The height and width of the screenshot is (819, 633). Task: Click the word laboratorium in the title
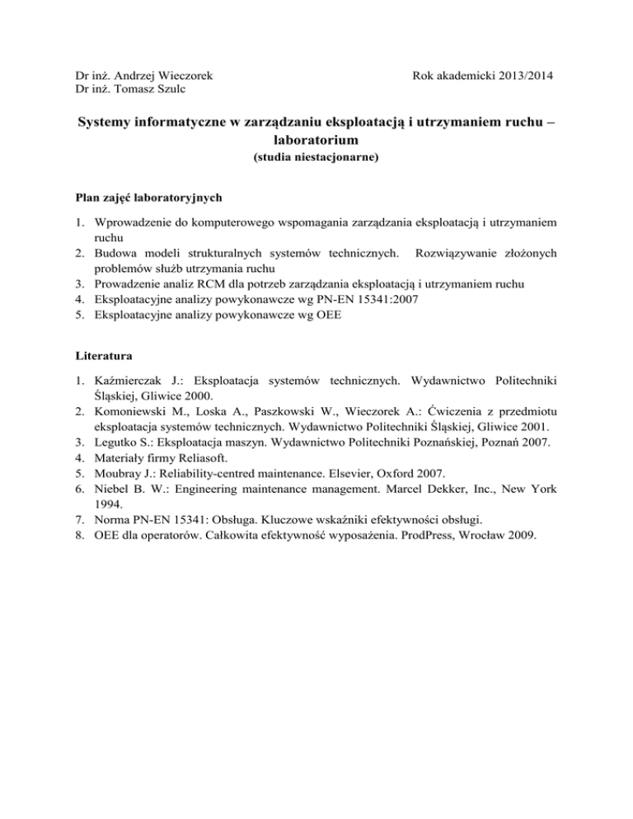click(x=316, y=141)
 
